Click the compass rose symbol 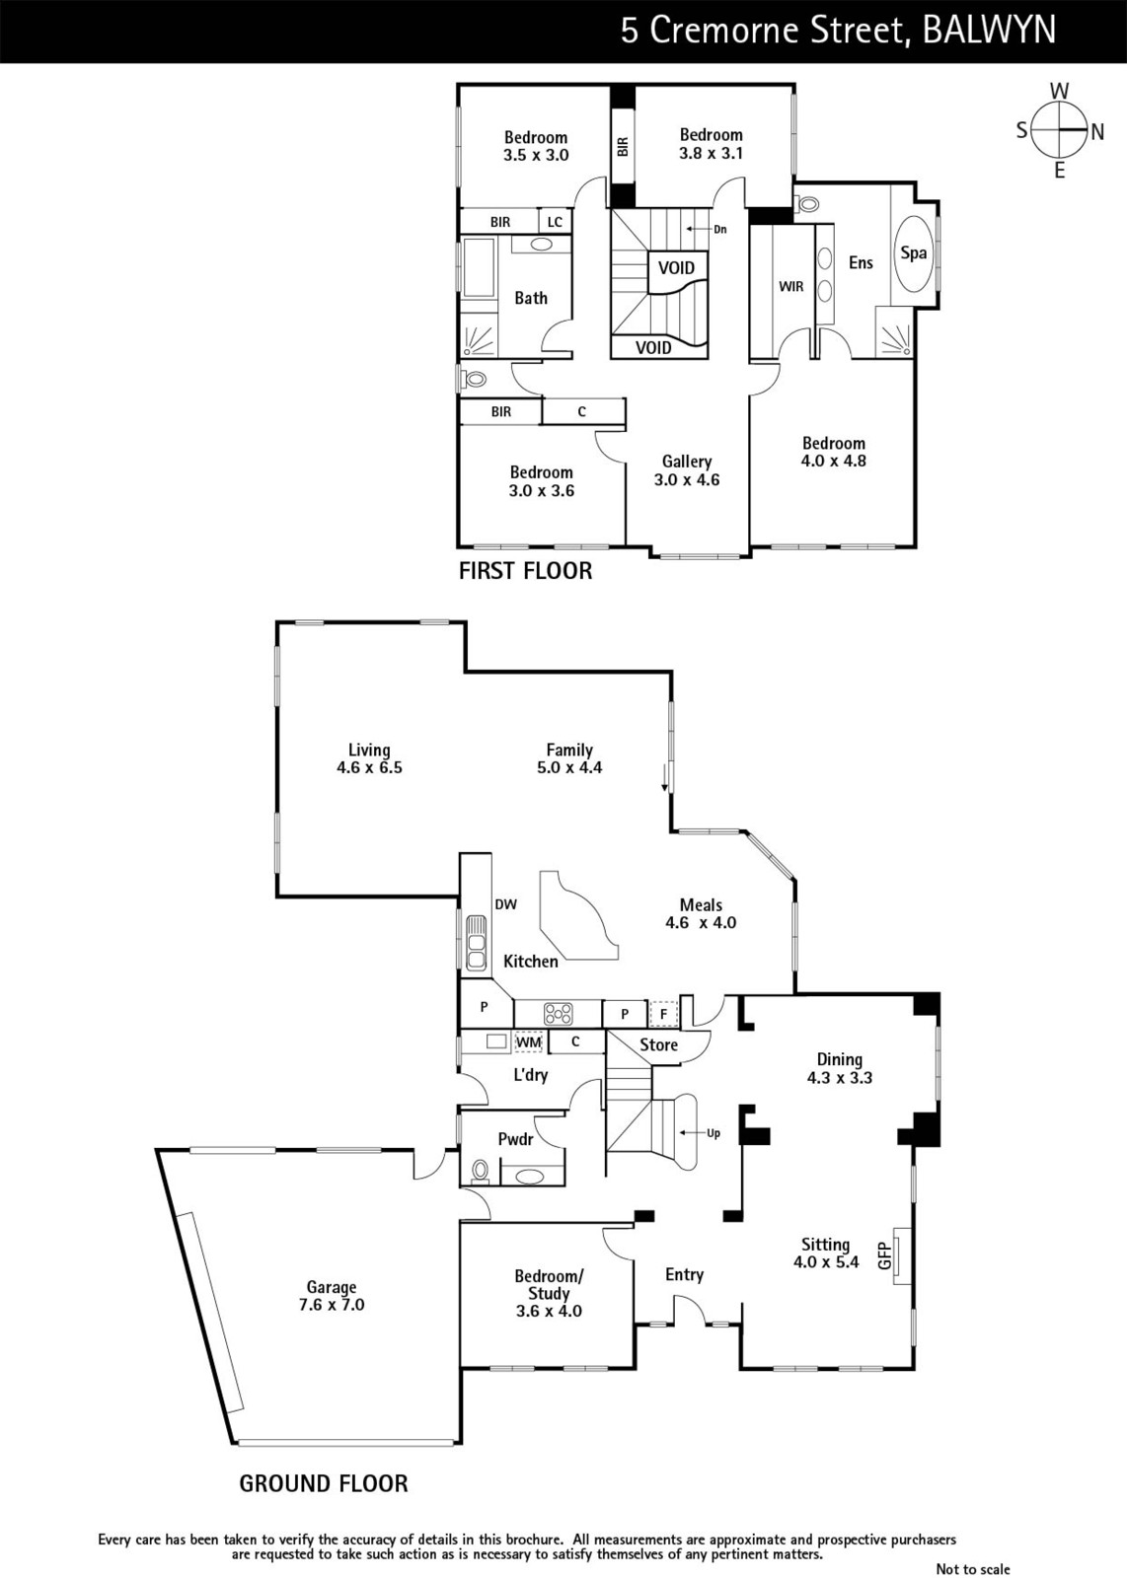(x=1059, y=129)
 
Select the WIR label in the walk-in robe (x=790, y=287)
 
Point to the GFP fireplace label (x=885, y=1255)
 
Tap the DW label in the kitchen (x=505, y=904)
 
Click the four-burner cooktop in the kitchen (x=558, y=1014)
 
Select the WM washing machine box (x=529, y=1041)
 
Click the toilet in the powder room (x=481, y=1171)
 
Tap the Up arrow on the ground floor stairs (x=694, y=1133)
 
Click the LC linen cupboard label (x=555, y=222)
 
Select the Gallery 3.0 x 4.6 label (x=687, y=470)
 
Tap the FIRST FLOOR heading (x=526, y=571)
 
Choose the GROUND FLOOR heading (x=324, y=1483)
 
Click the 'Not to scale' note (x=973, y=1568)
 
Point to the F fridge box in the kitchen (x=662, y=1015)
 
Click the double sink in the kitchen (x=476, y=942)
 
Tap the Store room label (x=658, y=1044)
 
